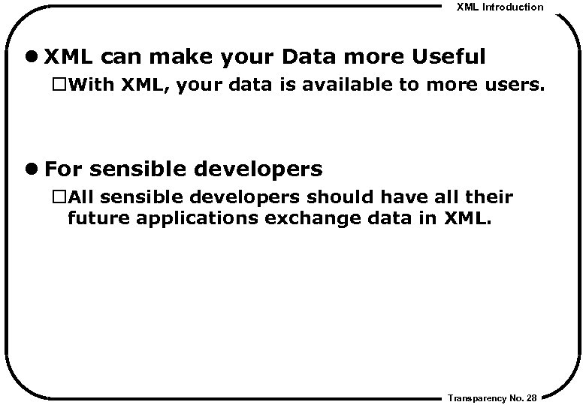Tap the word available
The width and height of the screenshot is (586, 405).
pos(341,85)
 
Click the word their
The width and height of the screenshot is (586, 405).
pos(490,198)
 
